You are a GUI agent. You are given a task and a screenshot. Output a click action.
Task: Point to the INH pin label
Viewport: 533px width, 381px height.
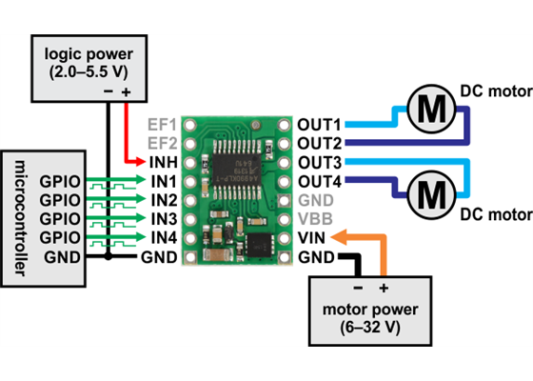[x=158, y=163]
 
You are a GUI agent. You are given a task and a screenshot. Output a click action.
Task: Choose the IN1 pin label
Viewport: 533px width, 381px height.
[x=158, y=181]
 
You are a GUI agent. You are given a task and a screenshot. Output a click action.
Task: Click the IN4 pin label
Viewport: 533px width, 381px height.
[x=158, y=237]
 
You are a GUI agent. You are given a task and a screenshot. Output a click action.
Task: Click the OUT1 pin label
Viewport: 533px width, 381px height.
[x=319, y=125]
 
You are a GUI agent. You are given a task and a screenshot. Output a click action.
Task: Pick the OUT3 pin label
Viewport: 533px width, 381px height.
[x=319, y=163]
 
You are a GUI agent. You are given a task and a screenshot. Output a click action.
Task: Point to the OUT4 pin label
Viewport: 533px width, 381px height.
[x=319, y=181]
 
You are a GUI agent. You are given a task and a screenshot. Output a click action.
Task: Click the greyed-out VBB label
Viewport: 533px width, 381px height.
[x=314, y=219]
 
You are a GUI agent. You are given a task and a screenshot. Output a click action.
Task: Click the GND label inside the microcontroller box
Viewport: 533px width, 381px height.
[x=57, y=256]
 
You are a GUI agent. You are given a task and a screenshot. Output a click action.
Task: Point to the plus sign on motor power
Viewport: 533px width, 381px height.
[x=385, y=287]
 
